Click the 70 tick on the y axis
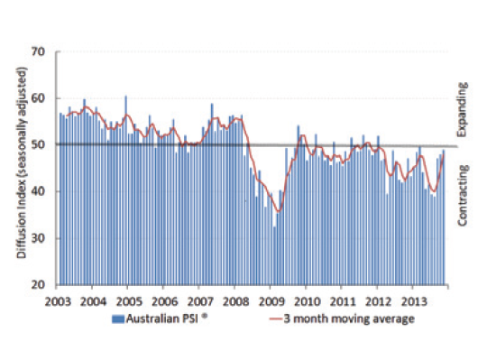[x=39, y=51]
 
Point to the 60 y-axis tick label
[x=39, y=98]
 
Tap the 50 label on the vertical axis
[x=39, y=144]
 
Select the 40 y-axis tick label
[x=39, y=191]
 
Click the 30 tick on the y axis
[x=39, y=238]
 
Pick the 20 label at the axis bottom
[x=39, y=284]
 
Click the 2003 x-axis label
[x=58, y=301]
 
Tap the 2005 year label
[x=129, y=301]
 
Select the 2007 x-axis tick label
[x=200, y=301]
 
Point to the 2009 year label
[x=271, y=301]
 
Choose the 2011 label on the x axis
[x=343, y=301]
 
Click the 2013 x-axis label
[x=414, y=301]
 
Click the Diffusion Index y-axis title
[x=22, y=162]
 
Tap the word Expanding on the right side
[x=463, y=110]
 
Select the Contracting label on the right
[x=463, y=196]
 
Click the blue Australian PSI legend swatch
[x=118, y=319]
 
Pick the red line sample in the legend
[x=276, y=319]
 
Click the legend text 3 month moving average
[x=349, y=319]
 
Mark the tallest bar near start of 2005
[x=125, y=190]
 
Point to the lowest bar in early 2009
[x=274, y=255]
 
